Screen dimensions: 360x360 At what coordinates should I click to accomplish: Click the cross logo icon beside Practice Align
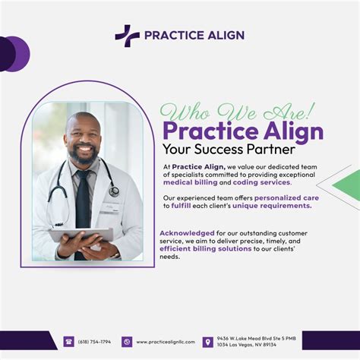tap(127, 36)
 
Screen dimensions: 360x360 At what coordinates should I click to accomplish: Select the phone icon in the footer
tap(68, 342)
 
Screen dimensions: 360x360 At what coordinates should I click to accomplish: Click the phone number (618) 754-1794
tap(94, 342)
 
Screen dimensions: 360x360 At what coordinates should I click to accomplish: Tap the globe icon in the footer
tap(127, 342)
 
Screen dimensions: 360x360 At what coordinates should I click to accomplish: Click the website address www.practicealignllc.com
tap(165, 342)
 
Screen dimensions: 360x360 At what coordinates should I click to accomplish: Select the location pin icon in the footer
tap(207, 342)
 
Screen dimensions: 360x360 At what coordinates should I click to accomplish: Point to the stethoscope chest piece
tap(114, 191)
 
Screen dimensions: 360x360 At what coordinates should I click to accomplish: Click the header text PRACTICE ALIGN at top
tap(194, 35)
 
